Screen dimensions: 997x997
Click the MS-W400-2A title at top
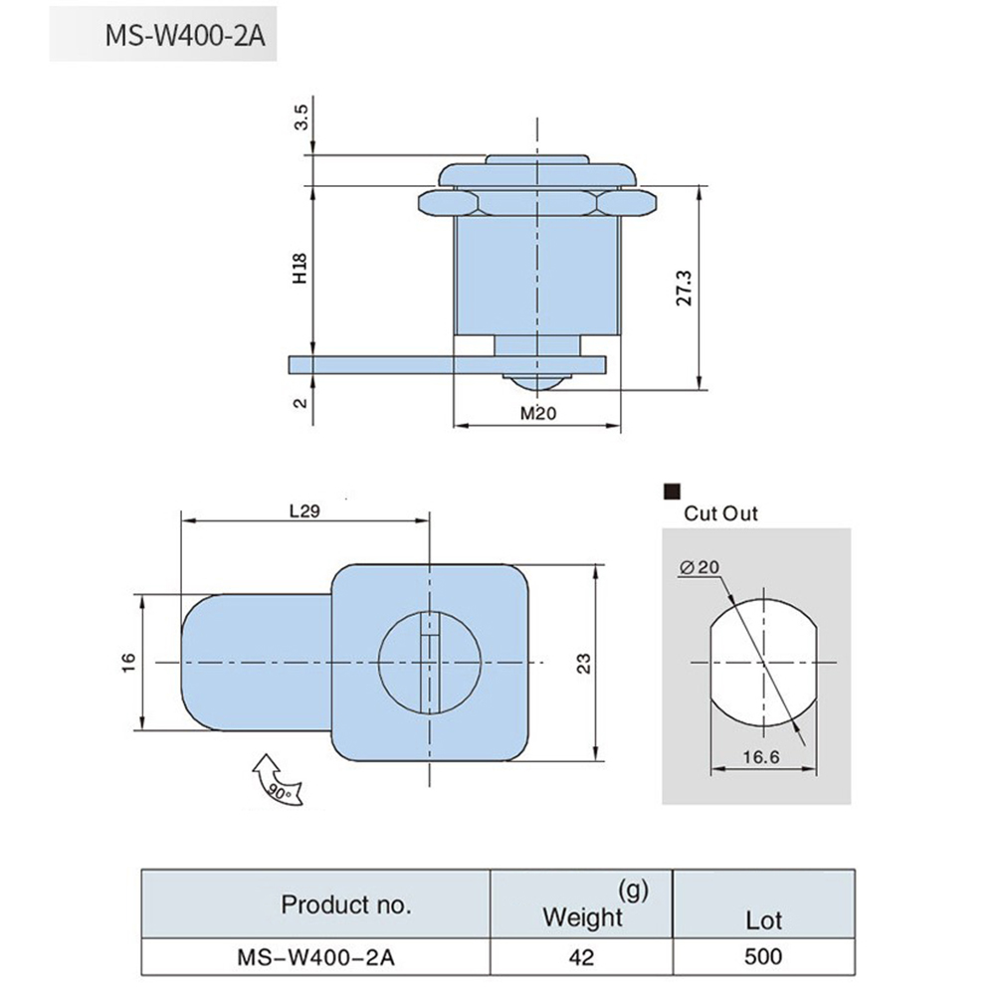[x=184, y=36]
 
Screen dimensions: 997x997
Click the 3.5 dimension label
[x=301, y=117]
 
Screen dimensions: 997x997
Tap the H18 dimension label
[x=299, y=269]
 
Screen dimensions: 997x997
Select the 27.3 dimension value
[x=685, y=288]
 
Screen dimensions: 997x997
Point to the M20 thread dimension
[x=538, y=413]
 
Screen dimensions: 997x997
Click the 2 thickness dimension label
[x=300, y=403]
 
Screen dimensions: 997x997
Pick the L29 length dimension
[x=304, y=510]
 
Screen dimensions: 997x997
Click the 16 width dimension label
[x=128, y=662]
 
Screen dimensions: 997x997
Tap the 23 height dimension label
[x=584, y=664]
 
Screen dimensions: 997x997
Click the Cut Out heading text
[x=720, y=513]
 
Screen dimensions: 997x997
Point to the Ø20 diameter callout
[x=698, y=567]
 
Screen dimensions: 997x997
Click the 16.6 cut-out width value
[x=761, y=756]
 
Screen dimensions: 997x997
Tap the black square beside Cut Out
[x=672, y=491]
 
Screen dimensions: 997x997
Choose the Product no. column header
[x=346, y=904]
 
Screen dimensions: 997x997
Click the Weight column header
[x=582, y=916]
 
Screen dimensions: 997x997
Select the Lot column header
[x=763, y=920]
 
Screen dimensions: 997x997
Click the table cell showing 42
[x=582, y=956]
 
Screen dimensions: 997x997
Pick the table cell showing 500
[x=763, y=956]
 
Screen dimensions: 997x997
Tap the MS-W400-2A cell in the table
[x=316, y=957]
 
